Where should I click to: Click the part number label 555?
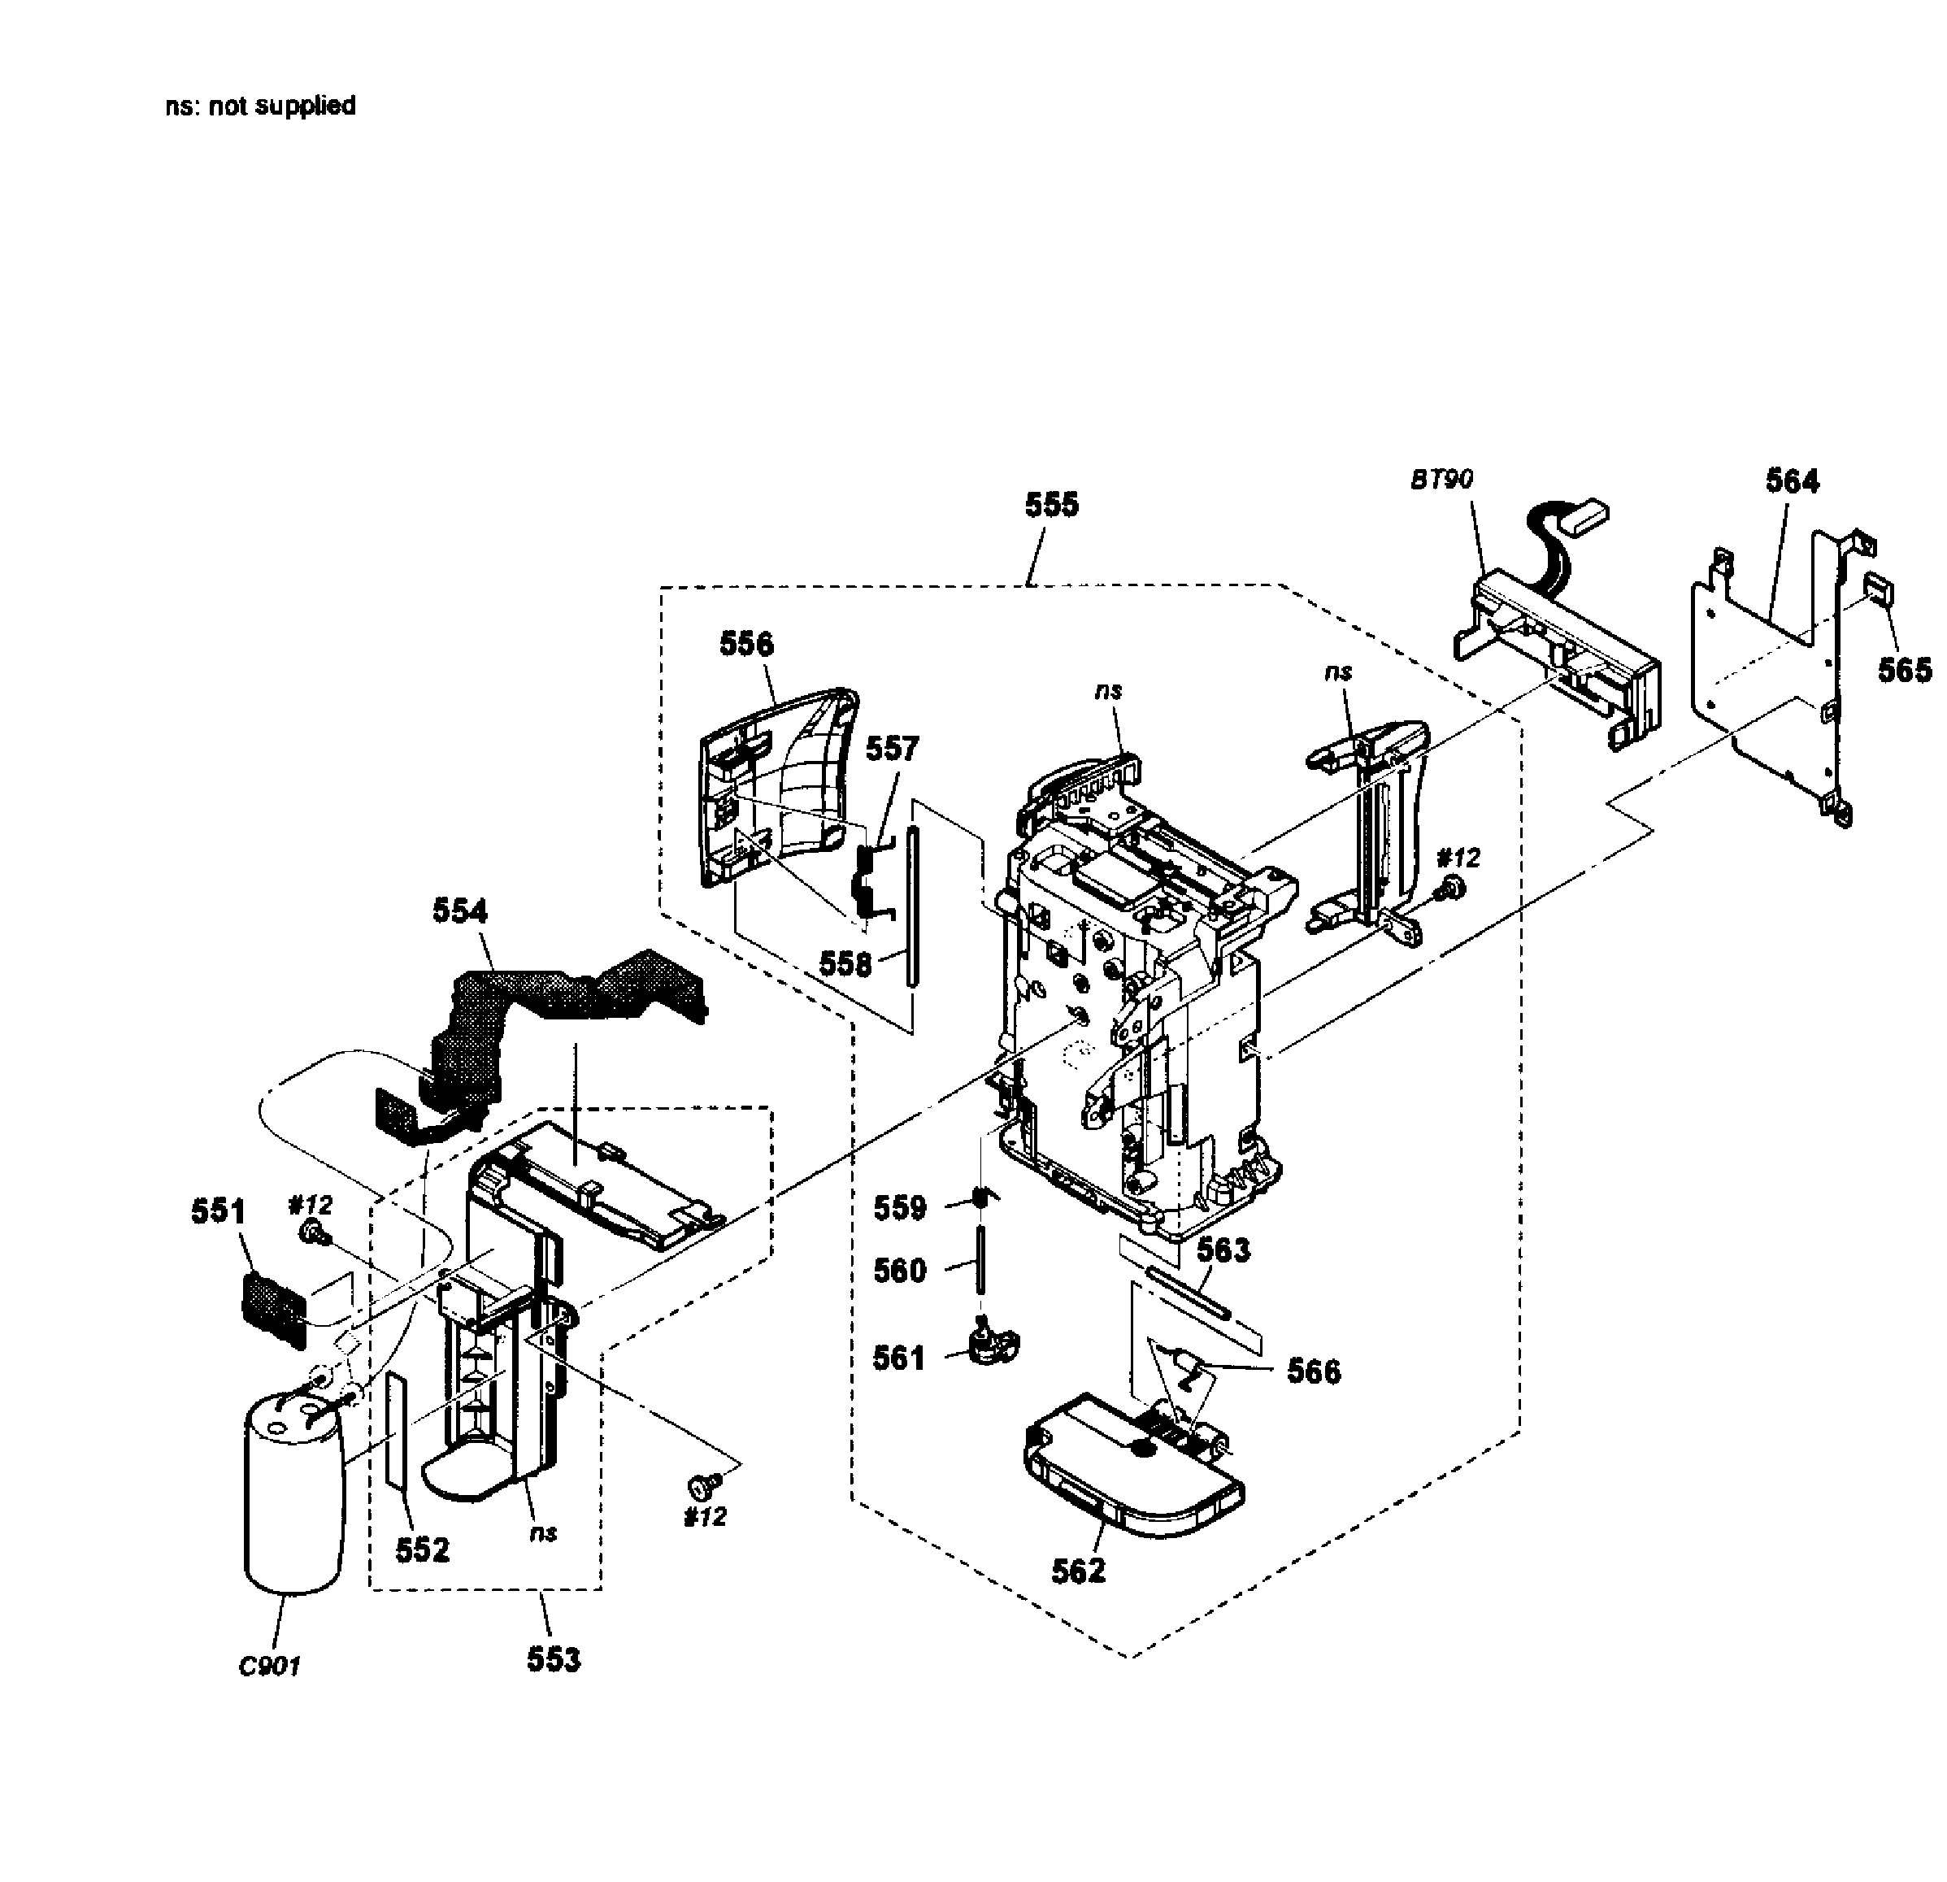(x=1051, y=505)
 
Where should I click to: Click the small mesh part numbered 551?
(x=272, y=1308)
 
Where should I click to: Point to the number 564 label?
(x=1792, y=480)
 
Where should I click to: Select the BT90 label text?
(x=1441, y=480)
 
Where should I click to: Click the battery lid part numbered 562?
(x=1132, y=1474)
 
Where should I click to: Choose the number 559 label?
(x=899, y=1208)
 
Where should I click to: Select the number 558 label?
(x=845, y=963)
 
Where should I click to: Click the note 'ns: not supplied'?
(x=260, y=105)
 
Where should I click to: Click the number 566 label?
(x=1313, y=1371)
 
